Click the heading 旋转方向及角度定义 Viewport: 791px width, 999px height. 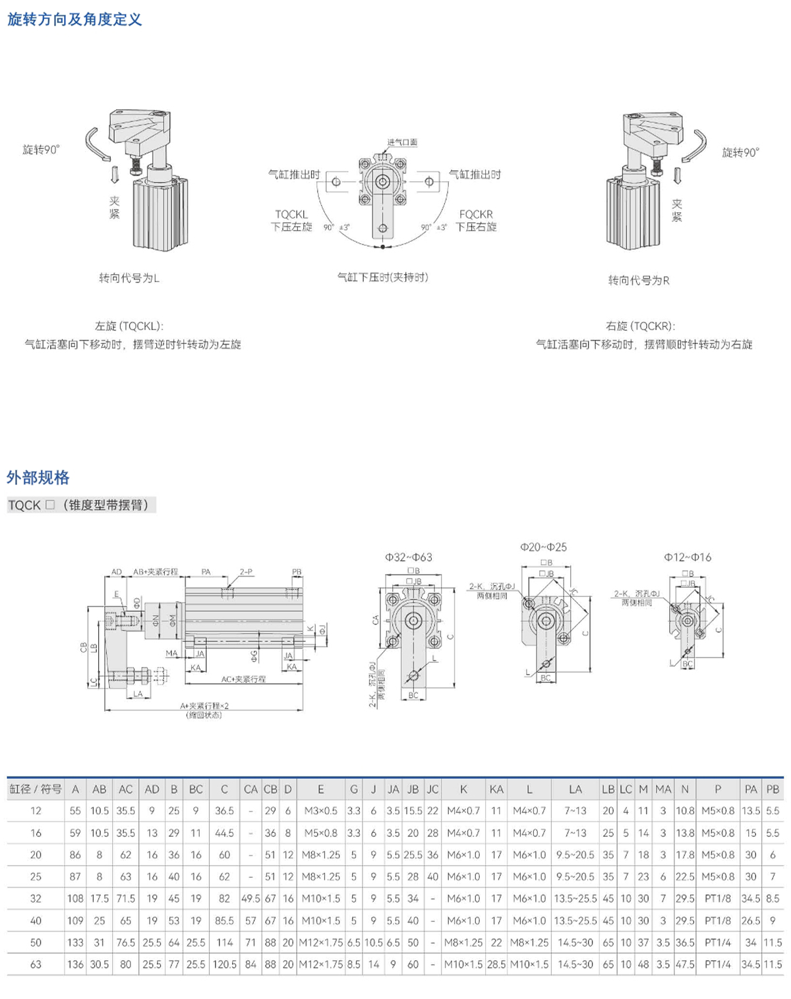pyautogui.click(x=74, y=19)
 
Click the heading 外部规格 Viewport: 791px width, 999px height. pyautogui.click(x=38, y=477)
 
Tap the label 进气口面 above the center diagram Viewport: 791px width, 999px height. pyautogui.click(x=402, y=142)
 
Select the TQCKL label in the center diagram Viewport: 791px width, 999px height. pyautogui.click(x=291, y=214)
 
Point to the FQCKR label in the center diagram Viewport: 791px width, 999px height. pyautogui.click(x=476, y=214)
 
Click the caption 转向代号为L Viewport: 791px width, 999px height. pyautogui.click(x=129, y=278)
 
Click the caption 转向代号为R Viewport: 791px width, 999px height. pyautogui.click(x=638, y=281)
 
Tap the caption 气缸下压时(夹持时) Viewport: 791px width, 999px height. pyautogui.click(x=383, y=277)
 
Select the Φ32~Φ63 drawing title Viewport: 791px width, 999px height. pyautogui.click(x=409, y=557)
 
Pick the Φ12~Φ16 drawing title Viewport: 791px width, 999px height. pyautogui.click(x=688, y=557)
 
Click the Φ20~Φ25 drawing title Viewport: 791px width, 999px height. pyautogui.click(x=543, y=547)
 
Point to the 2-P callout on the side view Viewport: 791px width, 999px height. pyautogui.click(x=246, y=572)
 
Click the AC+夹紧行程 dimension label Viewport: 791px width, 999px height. pyautogui.click(x=243, y=679)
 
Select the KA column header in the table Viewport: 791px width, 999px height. pyautogui.click(x=496, y=789)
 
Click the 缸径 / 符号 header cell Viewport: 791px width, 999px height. pyautogui.click(x=36, y=789)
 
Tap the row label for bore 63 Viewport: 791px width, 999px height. pyautogui.click(x=36, y=964)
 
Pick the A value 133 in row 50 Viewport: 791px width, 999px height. pyautogui.click(x=75, y=942)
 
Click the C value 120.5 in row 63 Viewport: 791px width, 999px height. pyautogui.click(x=224, y=964)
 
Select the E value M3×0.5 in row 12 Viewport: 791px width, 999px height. pyautogui.click(x=320, y=811)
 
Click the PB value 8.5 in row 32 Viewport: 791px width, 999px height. pyautogui.click(x=773, y=898)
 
